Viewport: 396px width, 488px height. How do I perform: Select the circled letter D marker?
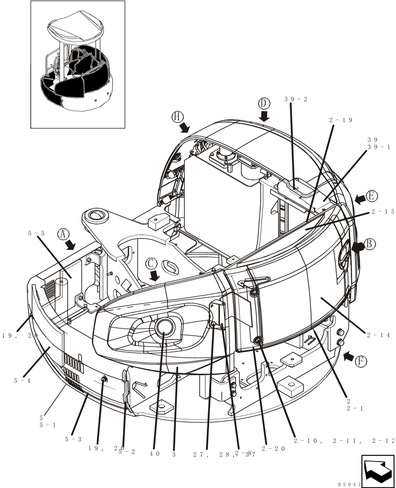coord(264,103)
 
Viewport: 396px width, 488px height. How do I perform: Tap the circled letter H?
coord(177,116)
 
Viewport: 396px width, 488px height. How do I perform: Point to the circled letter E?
coord(372,197)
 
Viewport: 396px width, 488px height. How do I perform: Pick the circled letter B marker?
coord(370,244)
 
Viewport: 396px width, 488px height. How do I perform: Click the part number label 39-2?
coord(297,100)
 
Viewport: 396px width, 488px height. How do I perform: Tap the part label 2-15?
coord(382,212)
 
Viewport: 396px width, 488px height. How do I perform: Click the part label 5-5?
coord(37,234)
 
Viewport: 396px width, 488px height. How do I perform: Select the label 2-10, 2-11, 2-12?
coord(344,441)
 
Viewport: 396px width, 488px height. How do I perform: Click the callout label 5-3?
coord(73,439)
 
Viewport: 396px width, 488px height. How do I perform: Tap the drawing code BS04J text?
coord(349,484)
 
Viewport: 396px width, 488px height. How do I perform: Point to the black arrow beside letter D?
coord(264,116)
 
